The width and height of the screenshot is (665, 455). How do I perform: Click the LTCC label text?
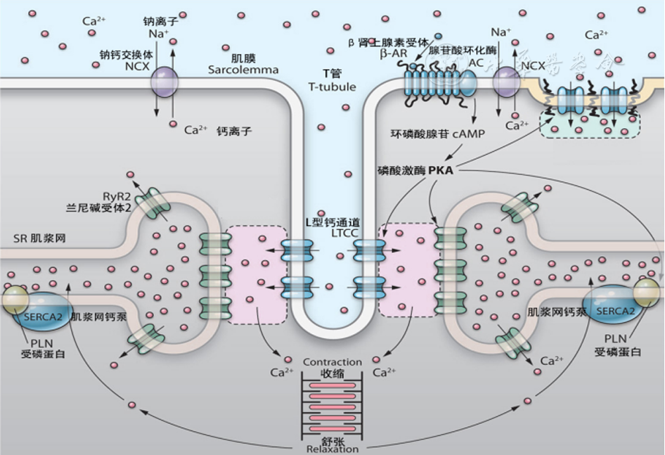331,232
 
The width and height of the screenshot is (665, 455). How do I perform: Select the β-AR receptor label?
394,53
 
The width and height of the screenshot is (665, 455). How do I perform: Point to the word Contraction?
332,362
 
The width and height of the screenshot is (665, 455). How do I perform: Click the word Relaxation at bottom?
332,449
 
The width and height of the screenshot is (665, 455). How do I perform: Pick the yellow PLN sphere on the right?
646,290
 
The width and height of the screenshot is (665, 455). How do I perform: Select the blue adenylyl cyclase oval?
466,84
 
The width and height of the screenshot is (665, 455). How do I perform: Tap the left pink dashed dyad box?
256,274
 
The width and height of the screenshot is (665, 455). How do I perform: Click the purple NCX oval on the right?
506,82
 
